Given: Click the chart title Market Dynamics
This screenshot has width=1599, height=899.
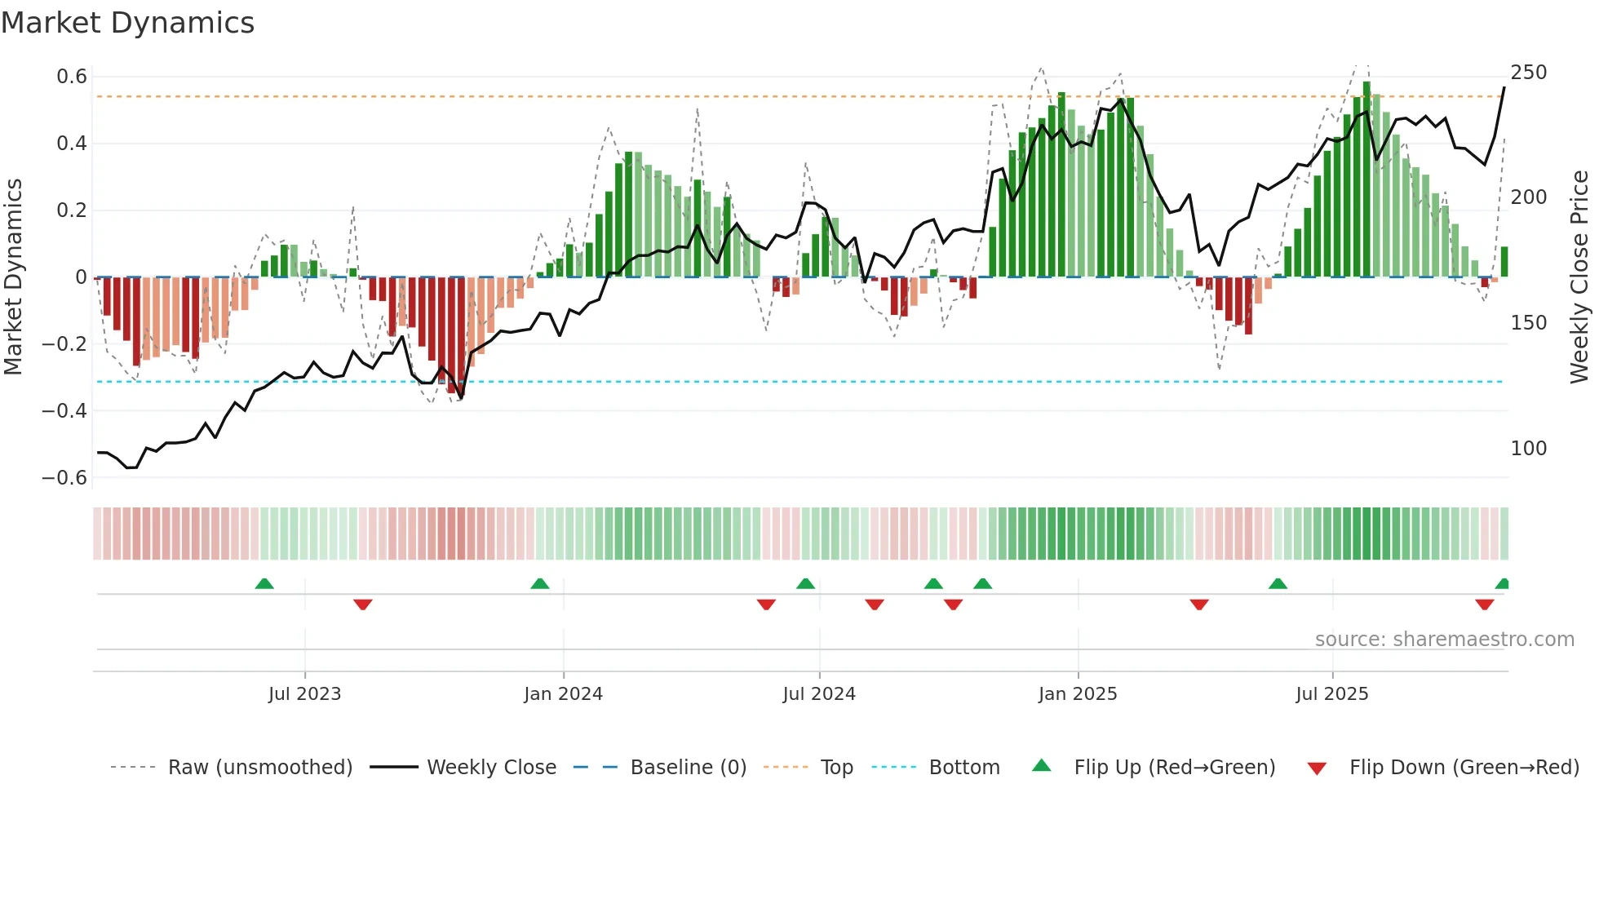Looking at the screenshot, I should click(128, 23).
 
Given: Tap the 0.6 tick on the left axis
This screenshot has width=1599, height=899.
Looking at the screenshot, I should click(72, 77).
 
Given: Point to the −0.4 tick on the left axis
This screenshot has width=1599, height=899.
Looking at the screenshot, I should click(64, 411).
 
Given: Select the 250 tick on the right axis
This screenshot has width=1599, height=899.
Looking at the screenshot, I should click(1529, 73).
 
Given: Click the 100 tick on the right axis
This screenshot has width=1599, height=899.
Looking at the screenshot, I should click(1529, 449).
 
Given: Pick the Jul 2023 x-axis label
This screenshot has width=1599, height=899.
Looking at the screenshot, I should click(304, 694).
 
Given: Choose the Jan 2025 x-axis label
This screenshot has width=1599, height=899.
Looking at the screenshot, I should click(1078, 694).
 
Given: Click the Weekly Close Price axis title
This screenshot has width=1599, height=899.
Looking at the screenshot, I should click(1580, 277).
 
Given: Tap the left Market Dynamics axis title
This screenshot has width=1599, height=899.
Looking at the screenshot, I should click(13, 277).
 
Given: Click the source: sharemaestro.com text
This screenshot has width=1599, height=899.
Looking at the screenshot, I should click(1445, 640).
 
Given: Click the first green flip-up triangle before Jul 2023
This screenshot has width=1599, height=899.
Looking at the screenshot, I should click(264, 584).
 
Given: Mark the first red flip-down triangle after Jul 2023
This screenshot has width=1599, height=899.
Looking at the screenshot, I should click(363, 604).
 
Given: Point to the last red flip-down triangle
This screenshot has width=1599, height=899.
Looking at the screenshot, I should click(1485, 604).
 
